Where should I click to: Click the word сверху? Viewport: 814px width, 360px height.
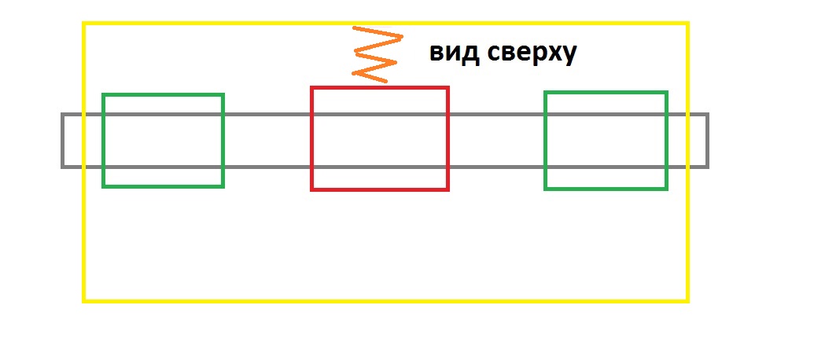coord(532,54)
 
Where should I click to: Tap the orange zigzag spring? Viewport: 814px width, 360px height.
coord(378,54)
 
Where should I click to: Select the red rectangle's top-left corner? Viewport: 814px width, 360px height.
coord(312,88)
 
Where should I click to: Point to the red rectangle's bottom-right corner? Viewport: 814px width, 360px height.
coord(448,189)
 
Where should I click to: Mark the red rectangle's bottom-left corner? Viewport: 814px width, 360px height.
coord(312,189)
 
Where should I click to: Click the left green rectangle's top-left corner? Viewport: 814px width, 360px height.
coord(103,94)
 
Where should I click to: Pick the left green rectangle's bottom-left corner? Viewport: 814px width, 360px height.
coord(103,186)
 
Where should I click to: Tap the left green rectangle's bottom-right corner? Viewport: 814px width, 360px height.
coord(223,186)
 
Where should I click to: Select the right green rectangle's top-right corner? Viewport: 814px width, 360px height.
coord(667,92)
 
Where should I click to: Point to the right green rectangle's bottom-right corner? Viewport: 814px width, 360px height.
coord(667,189)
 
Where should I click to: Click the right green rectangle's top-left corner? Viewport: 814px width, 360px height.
coord(545,92)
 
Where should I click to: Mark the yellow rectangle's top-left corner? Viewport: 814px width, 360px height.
coord(83,24)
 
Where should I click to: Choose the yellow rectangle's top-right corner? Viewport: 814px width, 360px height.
coord(688,24)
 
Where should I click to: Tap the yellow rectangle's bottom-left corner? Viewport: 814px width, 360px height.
coord(83,301)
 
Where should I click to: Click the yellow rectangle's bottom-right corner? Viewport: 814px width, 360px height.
coord(688,301)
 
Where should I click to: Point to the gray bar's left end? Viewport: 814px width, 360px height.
coord(62,141)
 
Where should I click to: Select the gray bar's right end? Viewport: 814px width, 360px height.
coord(708,141)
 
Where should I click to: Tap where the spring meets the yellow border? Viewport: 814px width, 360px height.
coord(355,25)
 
